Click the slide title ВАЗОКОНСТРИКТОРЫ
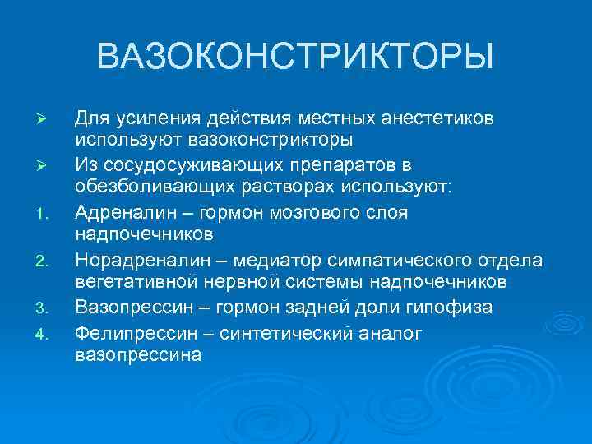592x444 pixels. click(295, 58)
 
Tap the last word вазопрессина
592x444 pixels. click(137, 355)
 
